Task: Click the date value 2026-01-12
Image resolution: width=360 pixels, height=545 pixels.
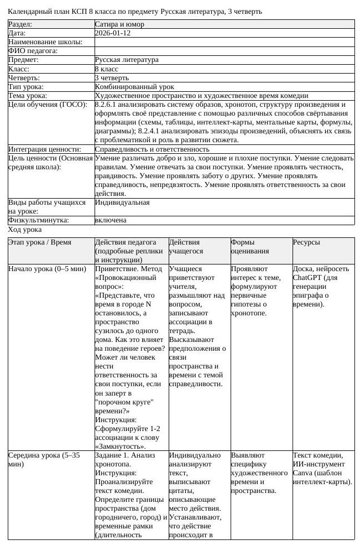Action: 112,33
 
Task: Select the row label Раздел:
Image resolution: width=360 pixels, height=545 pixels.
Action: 20,24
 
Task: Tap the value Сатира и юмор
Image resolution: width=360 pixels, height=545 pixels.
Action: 119,24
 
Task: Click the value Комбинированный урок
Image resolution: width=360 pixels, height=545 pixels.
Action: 134,87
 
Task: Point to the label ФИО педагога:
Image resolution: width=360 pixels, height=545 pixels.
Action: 34,51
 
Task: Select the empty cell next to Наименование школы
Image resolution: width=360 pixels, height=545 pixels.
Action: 224,42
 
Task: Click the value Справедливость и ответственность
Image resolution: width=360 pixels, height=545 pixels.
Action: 152,149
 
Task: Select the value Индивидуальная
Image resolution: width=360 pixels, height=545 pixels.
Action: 122,203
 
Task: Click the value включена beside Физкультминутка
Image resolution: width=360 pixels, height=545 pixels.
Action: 111,220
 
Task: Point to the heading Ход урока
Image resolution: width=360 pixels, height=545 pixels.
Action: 25,229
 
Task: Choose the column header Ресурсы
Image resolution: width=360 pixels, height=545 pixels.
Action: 306,242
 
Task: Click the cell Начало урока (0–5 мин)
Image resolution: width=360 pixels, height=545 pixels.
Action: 47,269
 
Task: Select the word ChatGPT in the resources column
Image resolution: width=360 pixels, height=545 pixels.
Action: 307,278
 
